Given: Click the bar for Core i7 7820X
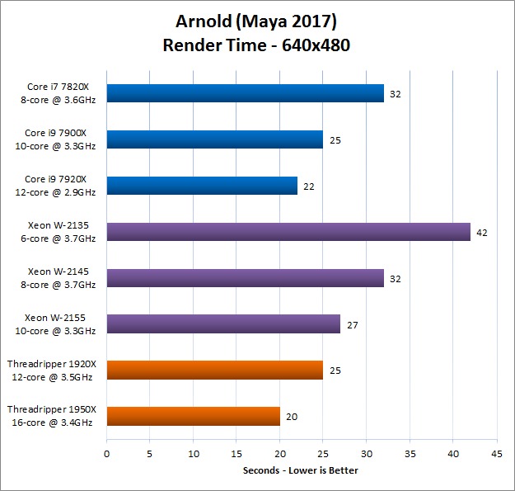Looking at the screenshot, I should [245, 93].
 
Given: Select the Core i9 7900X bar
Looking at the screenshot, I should [214, 139].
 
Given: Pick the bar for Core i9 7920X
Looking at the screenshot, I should [202, 186].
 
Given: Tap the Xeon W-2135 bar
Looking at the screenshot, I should [288, 232].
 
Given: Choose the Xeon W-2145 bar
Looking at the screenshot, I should [245, 278].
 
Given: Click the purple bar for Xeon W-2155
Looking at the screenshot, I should [223, 324].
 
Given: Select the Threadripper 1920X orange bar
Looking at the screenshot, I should [214, 371].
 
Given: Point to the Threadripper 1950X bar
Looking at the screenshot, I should [193, 417].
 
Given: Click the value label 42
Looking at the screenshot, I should [482, 233].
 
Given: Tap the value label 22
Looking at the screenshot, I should [309, 186].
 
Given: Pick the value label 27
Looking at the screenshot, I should [352, 325].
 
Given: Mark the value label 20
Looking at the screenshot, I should [292, 418].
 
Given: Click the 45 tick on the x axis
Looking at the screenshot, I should [496, 453].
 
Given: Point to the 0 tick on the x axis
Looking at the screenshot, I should [106, 453].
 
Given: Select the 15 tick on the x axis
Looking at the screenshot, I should [236, 453].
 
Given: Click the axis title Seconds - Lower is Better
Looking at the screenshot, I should [301, 470].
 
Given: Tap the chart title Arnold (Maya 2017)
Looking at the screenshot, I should [257, 20].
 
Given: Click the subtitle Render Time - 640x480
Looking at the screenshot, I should [257, 45].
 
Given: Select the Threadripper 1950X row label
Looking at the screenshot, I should [52, 417].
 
